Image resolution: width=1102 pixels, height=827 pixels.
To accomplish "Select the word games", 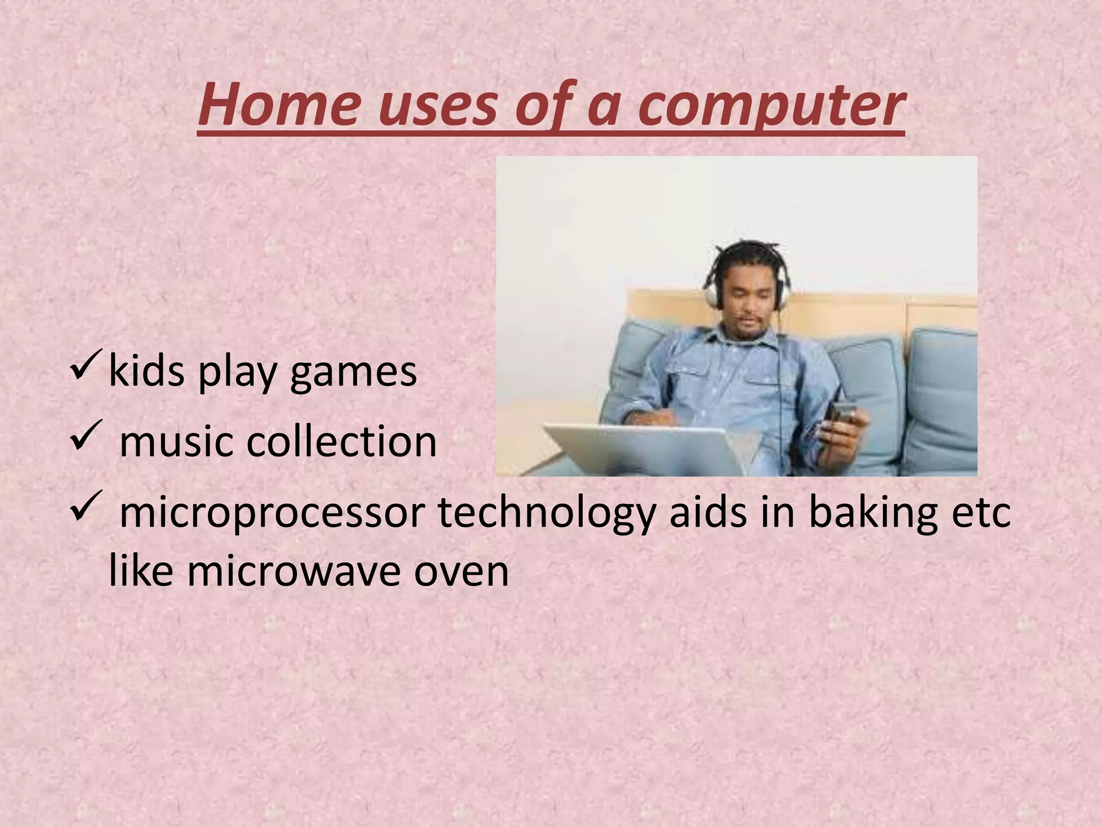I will pyautogui.click(x=354, y=372).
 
